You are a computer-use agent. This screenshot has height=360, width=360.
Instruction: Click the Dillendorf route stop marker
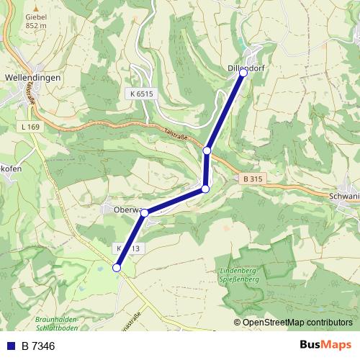pyautogui.click(x=243, y=73)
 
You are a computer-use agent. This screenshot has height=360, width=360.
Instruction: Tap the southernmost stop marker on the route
pyautogui.click(x=117, y=268)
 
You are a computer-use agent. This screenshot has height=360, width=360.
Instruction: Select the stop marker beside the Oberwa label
pyautogui.click(x=145, y=212)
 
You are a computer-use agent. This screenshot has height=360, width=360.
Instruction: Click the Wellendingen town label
pyautogui.click(x=32, y=76)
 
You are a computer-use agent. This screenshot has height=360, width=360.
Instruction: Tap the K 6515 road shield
pyautogui.click(x=143, y=94)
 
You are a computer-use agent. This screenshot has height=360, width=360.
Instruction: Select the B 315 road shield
pyautogui.click(x=251, y=178)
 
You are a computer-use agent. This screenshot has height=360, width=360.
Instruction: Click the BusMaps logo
pyautogui.click(x=325, y=346)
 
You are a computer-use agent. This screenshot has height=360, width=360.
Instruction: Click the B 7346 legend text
pyautogui.click(x=38, y=346)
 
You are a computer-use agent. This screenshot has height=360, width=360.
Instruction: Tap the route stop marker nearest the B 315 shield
pyautogui.click(x=205, y=189)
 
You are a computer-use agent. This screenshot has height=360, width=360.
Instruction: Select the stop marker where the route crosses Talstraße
pyautogui.click(x=207, y=150)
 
